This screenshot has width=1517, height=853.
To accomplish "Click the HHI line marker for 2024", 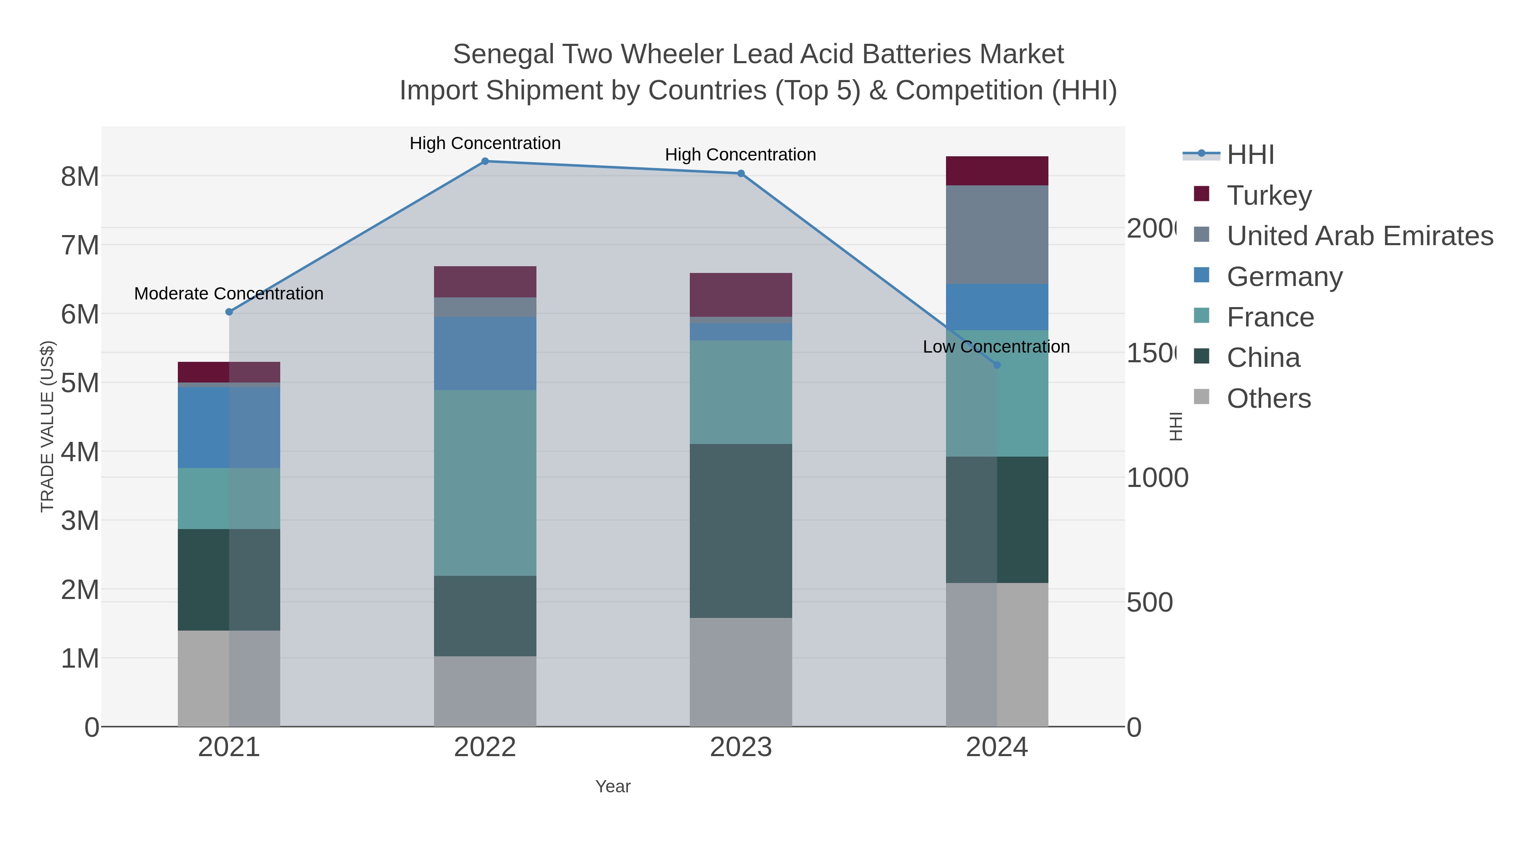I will point(997,365).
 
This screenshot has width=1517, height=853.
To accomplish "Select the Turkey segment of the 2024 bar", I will point(997,171).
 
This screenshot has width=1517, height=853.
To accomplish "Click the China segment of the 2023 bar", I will point(740,530).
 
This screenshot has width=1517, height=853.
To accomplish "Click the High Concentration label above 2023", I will point(740,155).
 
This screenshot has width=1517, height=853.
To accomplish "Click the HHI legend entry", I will point(1250,155).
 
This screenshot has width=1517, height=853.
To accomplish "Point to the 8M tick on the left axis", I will point(80,176).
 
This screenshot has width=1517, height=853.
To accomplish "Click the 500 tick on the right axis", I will point(1150,602).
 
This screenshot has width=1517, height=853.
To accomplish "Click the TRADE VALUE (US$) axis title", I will point(47,426).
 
